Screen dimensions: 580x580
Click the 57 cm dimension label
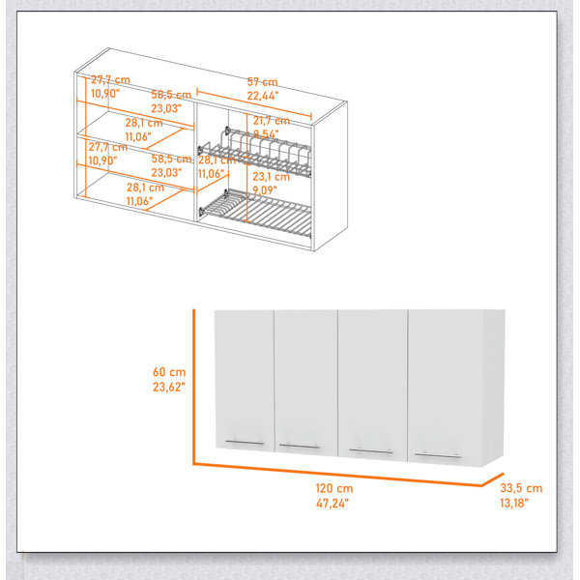point(262,82)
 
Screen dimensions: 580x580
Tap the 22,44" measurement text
point(262,96)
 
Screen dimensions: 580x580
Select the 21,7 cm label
point(271,120)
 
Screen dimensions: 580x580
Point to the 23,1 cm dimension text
point(271,177)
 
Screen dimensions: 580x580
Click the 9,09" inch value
point(265,190)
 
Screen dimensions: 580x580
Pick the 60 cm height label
point(169,372)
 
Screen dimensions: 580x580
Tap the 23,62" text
point(168,387)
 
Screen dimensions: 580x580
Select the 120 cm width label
point(334,488)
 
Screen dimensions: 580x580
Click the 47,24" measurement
point(333,503)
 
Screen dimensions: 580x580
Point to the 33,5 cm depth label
point(521,488)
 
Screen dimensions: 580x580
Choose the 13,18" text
point(514,503)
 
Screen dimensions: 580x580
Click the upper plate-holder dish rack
point(255,153)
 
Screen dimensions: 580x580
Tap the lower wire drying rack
point(255,213)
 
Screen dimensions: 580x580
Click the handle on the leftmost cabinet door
point(245,443)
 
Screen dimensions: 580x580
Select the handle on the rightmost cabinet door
point(438,455)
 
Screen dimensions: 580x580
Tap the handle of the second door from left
point(300,446)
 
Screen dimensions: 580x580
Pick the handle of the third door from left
point(371,450)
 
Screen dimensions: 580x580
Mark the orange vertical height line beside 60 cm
point(193,387)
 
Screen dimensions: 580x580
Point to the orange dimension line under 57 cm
point(254,103)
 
